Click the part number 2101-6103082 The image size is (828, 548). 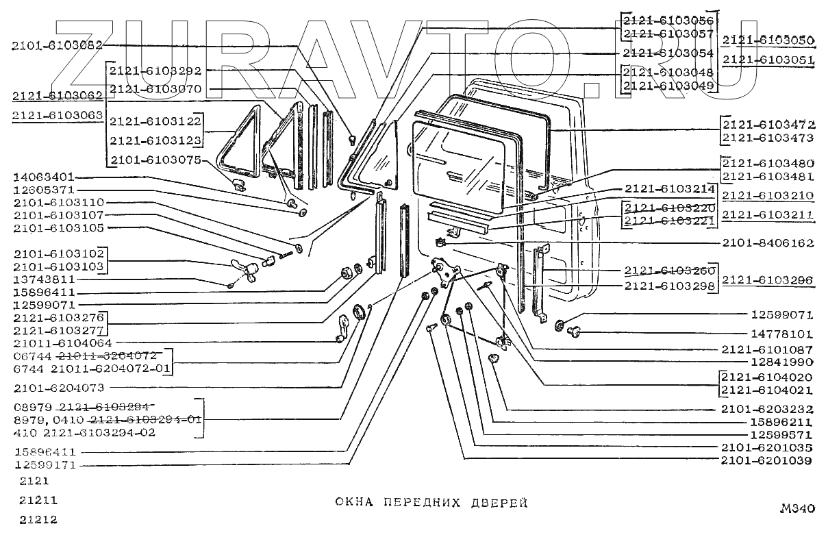57,46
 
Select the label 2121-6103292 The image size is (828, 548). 155,70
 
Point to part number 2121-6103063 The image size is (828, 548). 57,116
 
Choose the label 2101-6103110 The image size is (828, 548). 58,203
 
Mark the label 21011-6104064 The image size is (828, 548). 62,342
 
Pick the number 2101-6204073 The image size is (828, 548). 58,388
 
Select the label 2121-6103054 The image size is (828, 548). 668,53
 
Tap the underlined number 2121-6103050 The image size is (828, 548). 768,39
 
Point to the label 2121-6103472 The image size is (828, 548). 768,125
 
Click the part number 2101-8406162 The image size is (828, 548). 768,243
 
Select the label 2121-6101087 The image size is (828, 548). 768,349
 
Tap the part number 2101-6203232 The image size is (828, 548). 768,410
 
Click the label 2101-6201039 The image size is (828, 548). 768,461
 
